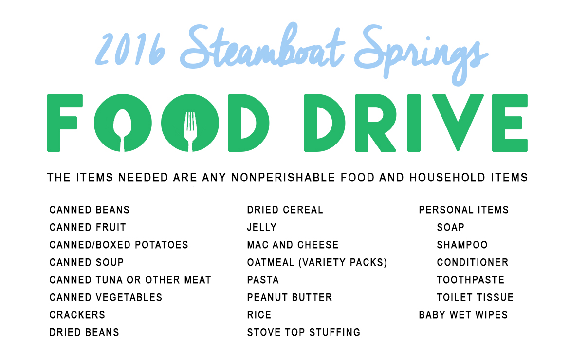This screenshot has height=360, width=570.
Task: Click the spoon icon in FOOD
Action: (123, 128)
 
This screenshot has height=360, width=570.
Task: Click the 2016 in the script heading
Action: (129, 49)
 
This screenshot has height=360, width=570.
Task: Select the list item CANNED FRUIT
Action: (88, 227)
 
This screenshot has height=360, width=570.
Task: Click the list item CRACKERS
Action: (77, 315)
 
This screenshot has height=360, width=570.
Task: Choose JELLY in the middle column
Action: (262, 227)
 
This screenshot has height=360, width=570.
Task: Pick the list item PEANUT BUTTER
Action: (289, 298)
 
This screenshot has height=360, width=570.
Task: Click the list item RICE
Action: (259, 315)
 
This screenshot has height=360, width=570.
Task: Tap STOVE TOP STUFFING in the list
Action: (304, 332)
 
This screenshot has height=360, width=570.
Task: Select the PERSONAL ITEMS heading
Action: (463, 210)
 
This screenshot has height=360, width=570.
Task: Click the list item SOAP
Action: (450, 227)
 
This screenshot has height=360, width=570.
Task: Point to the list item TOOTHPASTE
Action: (470, 280)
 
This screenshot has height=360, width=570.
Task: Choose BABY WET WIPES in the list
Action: (463, 315)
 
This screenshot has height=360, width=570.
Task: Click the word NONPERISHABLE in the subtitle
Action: (283, 178)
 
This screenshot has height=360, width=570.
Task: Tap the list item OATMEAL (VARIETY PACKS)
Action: (317, 262)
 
